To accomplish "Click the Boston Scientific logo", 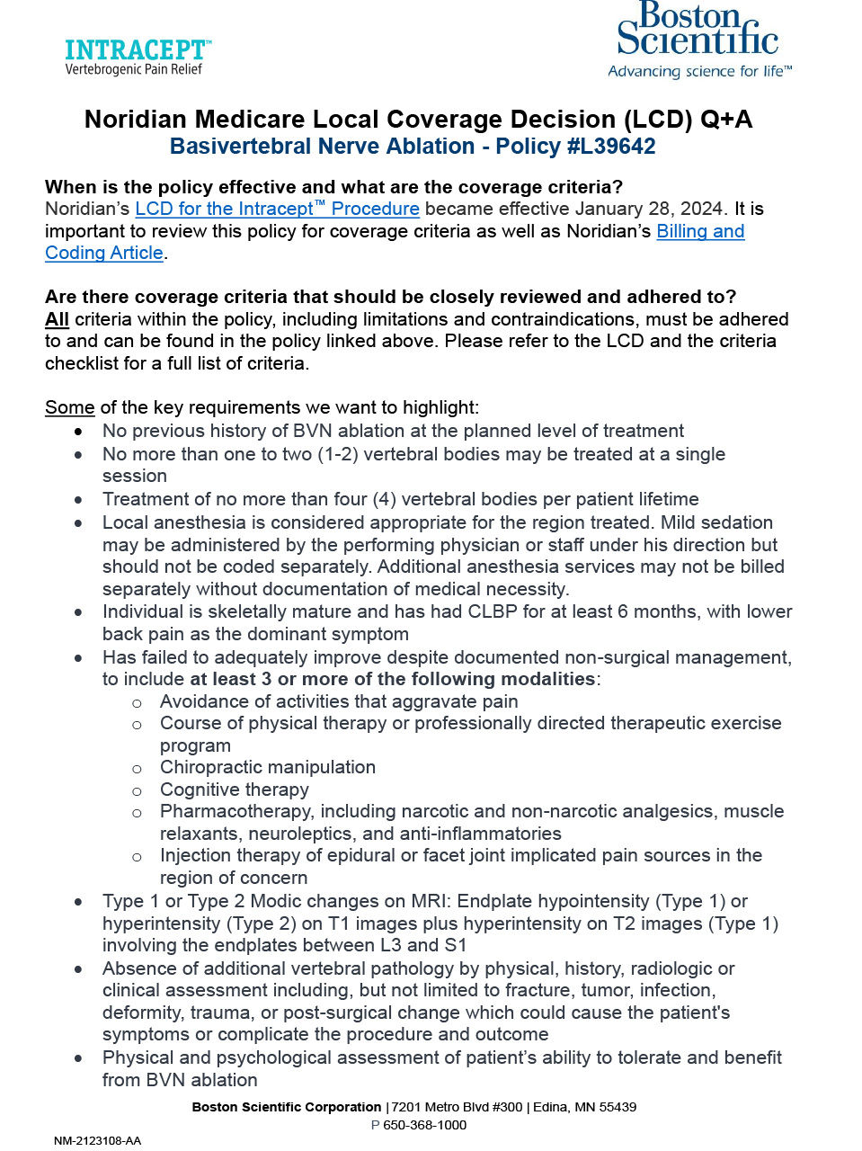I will point(698,30).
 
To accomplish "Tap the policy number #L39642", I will point(612,147).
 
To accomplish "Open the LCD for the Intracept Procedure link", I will point(277,209).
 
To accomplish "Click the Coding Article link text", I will point(104,253).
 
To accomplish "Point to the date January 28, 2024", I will point(649,209).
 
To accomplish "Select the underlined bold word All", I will point(57,319).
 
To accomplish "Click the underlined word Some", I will point(69,407).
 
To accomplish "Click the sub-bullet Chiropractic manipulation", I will point(268,767).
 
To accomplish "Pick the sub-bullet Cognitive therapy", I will point(235,790).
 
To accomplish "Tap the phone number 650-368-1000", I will point(424,1125).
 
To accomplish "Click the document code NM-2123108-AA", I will point(97,1141).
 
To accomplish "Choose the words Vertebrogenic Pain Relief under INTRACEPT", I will point(134,69).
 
